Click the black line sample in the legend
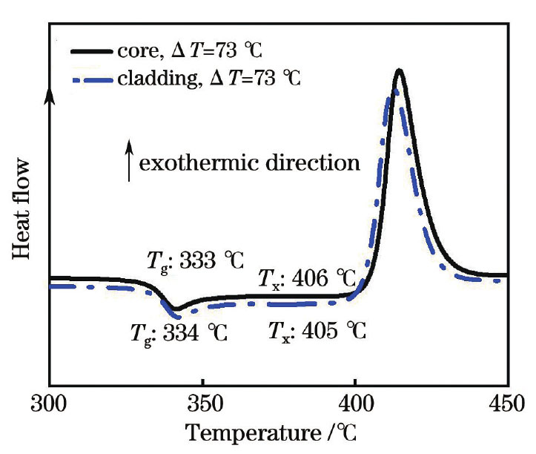pos(90,52)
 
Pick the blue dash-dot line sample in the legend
pos(90,79)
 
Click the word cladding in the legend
pos(151,79)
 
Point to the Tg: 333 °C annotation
pos(192,259)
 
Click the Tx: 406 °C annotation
pos(306,280)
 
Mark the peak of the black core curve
pos(399,70)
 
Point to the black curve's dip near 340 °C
pos(176,308)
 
